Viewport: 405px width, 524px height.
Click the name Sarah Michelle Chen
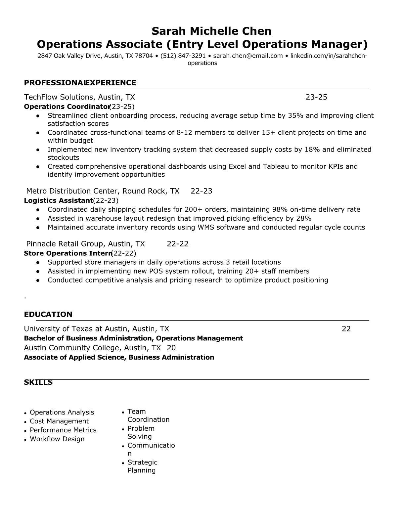point(211,31)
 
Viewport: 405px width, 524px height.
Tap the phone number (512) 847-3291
point(183,56)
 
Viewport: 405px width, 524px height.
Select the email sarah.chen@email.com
point(248,56)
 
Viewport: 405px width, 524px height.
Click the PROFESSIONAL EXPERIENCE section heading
point(80,83)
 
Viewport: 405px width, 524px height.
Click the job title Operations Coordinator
point(67,107)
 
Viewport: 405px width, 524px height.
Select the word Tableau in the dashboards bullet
point(276,166)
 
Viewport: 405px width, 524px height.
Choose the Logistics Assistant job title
point(58,200)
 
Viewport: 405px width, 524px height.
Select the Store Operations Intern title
point(67,253)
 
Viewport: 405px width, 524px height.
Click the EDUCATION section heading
point(48,314)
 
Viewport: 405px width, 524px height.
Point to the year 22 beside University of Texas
point(346,329)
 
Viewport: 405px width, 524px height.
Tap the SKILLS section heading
point(38,382)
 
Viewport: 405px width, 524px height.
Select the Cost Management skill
point(59,421)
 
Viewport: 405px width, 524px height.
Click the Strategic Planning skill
point(142,466)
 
